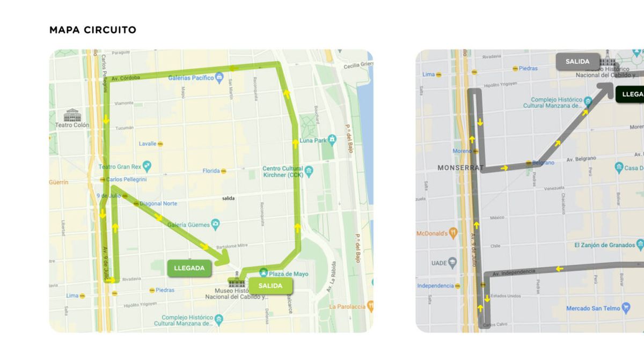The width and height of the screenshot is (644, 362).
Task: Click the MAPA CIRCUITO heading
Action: (x=92, y=30)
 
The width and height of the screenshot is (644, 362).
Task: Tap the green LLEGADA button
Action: (x=189, y=268)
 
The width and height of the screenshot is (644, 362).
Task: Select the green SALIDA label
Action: (x=270, y=286)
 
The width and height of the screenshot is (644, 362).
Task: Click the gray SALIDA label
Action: (x=577, y=62)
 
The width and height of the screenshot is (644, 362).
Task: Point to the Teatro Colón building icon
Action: (x=72, y=115)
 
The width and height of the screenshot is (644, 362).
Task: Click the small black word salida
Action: (x=229, y=198)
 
